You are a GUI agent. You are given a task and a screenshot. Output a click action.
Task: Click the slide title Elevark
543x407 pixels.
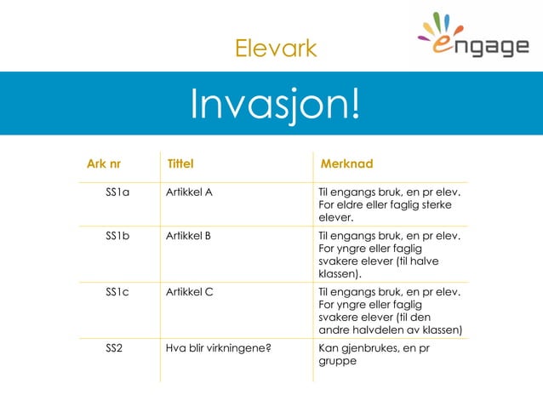pyautogui.click(x=275, y=49)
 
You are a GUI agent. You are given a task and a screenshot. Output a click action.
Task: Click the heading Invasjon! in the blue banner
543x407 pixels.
pyautogui.click(x=274, y=104)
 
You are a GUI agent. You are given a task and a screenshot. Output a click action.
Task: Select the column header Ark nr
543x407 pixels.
pyautogui.click(x=103, y=163)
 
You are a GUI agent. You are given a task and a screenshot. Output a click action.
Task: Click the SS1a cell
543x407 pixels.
pyautogui.click(x=117, y=192)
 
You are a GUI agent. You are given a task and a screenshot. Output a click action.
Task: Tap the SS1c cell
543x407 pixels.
pyautogui.click(x=117, y=292)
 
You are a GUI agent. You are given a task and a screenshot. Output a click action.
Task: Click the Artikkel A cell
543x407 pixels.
pyautogui.click(x=189, y=192)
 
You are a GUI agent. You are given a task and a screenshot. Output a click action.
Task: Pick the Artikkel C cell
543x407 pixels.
pyautogui.click(x=189, y=292)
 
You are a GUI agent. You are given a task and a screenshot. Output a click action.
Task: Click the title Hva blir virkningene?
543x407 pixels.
pyautogui.click(x=218, y=347)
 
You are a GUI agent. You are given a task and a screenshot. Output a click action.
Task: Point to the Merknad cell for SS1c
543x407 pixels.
pyautogui.click(x=389, y=311)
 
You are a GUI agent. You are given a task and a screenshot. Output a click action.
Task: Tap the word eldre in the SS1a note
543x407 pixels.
pyautogui.click(x=349, y=205)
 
